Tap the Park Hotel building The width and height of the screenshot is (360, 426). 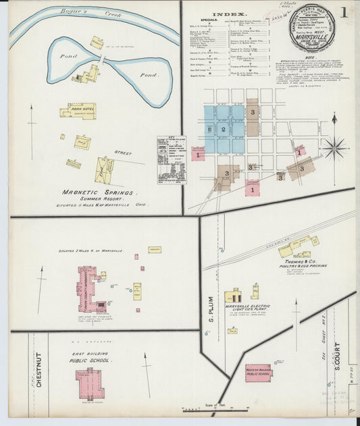coord(80,111)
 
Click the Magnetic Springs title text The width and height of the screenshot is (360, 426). coord(100,192)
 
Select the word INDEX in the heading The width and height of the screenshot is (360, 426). coord(228,14)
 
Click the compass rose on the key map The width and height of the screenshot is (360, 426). coord(334,147)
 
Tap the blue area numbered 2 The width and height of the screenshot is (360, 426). coord(224,128)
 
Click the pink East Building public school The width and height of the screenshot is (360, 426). coord(89,383)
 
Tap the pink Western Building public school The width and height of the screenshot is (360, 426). coord(258,372)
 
